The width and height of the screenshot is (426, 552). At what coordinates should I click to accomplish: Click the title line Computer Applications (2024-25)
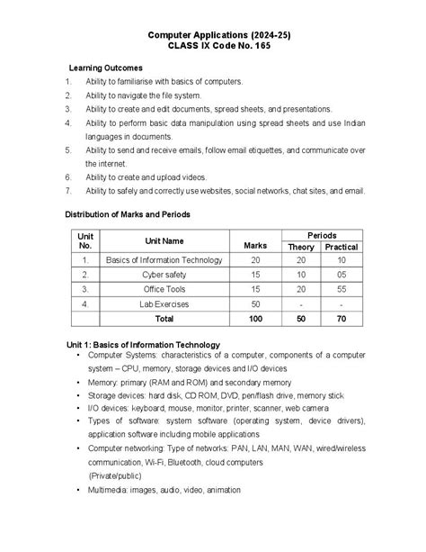click(214, 34)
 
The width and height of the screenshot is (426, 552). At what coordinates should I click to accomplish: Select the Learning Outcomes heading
click(106, 68)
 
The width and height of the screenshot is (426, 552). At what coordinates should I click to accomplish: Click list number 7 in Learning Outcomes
click(68, 191)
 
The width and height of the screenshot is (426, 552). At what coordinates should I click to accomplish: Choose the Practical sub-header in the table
click(342, 247)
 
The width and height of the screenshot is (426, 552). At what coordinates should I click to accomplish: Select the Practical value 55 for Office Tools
click(342, 289)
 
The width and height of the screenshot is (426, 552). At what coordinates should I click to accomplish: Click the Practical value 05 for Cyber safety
click(342, 275)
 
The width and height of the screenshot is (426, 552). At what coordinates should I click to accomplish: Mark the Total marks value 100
click(255, 319)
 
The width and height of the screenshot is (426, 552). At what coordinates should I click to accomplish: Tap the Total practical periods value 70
click(342, 319)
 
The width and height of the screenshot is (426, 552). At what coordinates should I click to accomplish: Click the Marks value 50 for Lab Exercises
click(255, 303)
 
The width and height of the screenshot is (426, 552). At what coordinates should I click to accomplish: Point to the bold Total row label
click(164, 319)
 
